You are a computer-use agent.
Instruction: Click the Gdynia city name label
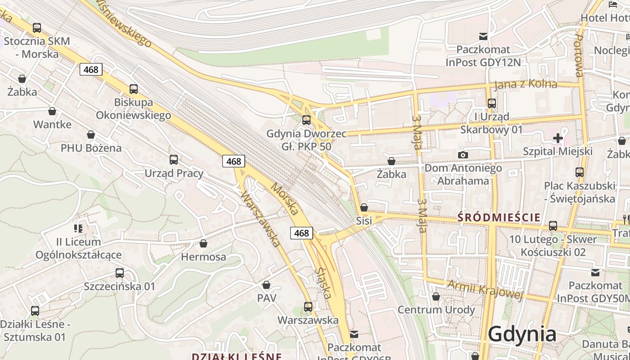tap(522, 334)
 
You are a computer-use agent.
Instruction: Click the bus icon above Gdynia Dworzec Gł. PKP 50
tap(306, 120)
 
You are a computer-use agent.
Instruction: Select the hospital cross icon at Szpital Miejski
tap(558, 138)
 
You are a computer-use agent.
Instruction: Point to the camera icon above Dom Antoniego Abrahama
tap(463, 155)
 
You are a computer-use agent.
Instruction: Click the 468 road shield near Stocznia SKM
tap(91, 69)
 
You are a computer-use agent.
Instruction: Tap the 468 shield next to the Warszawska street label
tap(234, 161)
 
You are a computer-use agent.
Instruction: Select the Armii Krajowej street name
tap(486, 289)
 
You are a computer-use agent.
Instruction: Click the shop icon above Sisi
tap(364, 207)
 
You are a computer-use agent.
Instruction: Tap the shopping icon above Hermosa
tap(203, 243)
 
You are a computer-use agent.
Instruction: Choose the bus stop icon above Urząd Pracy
tap(174, 159)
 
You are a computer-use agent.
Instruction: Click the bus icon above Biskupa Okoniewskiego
tap(134, 89)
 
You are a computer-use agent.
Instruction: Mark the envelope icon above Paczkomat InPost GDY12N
tap(483, 36)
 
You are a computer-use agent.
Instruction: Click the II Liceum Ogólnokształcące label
tap(79, 248)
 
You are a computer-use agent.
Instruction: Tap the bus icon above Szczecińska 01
tap(120, 273)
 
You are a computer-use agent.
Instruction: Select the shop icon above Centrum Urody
tap(436, 297)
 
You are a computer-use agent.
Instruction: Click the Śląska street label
tap(324, 283)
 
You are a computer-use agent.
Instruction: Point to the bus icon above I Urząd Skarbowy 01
tap(492, 103)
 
